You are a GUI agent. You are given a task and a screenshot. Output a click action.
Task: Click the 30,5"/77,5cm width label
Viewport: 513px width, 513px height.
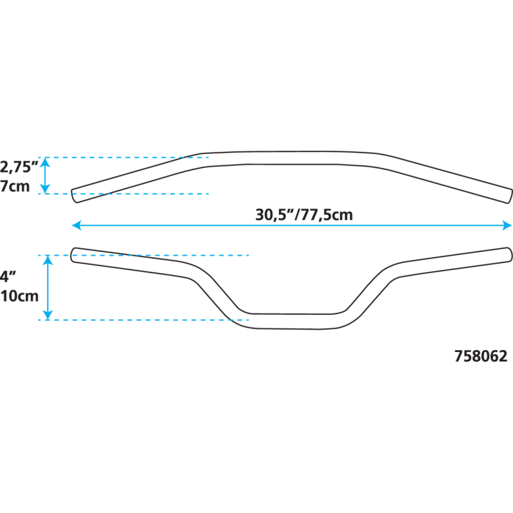pyautogui.click(x=303, y=215)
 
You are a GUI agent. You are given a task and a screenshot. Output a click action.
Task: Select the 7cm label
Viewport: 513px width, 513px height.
pyautogui.click(x=13, y=187)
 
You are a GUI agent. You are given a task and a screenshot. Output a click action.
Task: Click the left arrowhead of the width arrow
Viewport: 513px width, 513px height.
pyautogui.click(x=76, y=224)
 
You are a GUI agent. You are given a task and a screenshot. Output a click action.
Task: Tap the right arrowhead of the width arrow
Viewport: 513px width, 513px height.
pyautogui.click(x=507, y=224)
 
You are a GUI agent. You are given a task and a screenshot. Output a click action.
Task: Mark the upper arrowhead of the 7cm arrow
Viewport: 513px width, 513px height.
pyautogui.click(x=45, y=162)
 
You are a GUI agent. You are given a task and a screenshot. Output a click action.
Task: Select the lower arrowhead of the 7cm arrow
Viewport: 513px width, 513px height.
pyautogui.click(x=45, y=189)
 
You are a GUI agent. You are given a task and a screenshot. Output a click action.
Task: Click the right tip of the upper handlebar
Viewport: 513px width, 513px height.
pyautogui.click(x=509, y=196)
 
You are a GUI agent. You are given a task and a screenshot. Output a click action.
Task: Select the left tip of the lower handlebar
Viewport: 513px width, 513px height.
pyautogui.click(x=74, y=255)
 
